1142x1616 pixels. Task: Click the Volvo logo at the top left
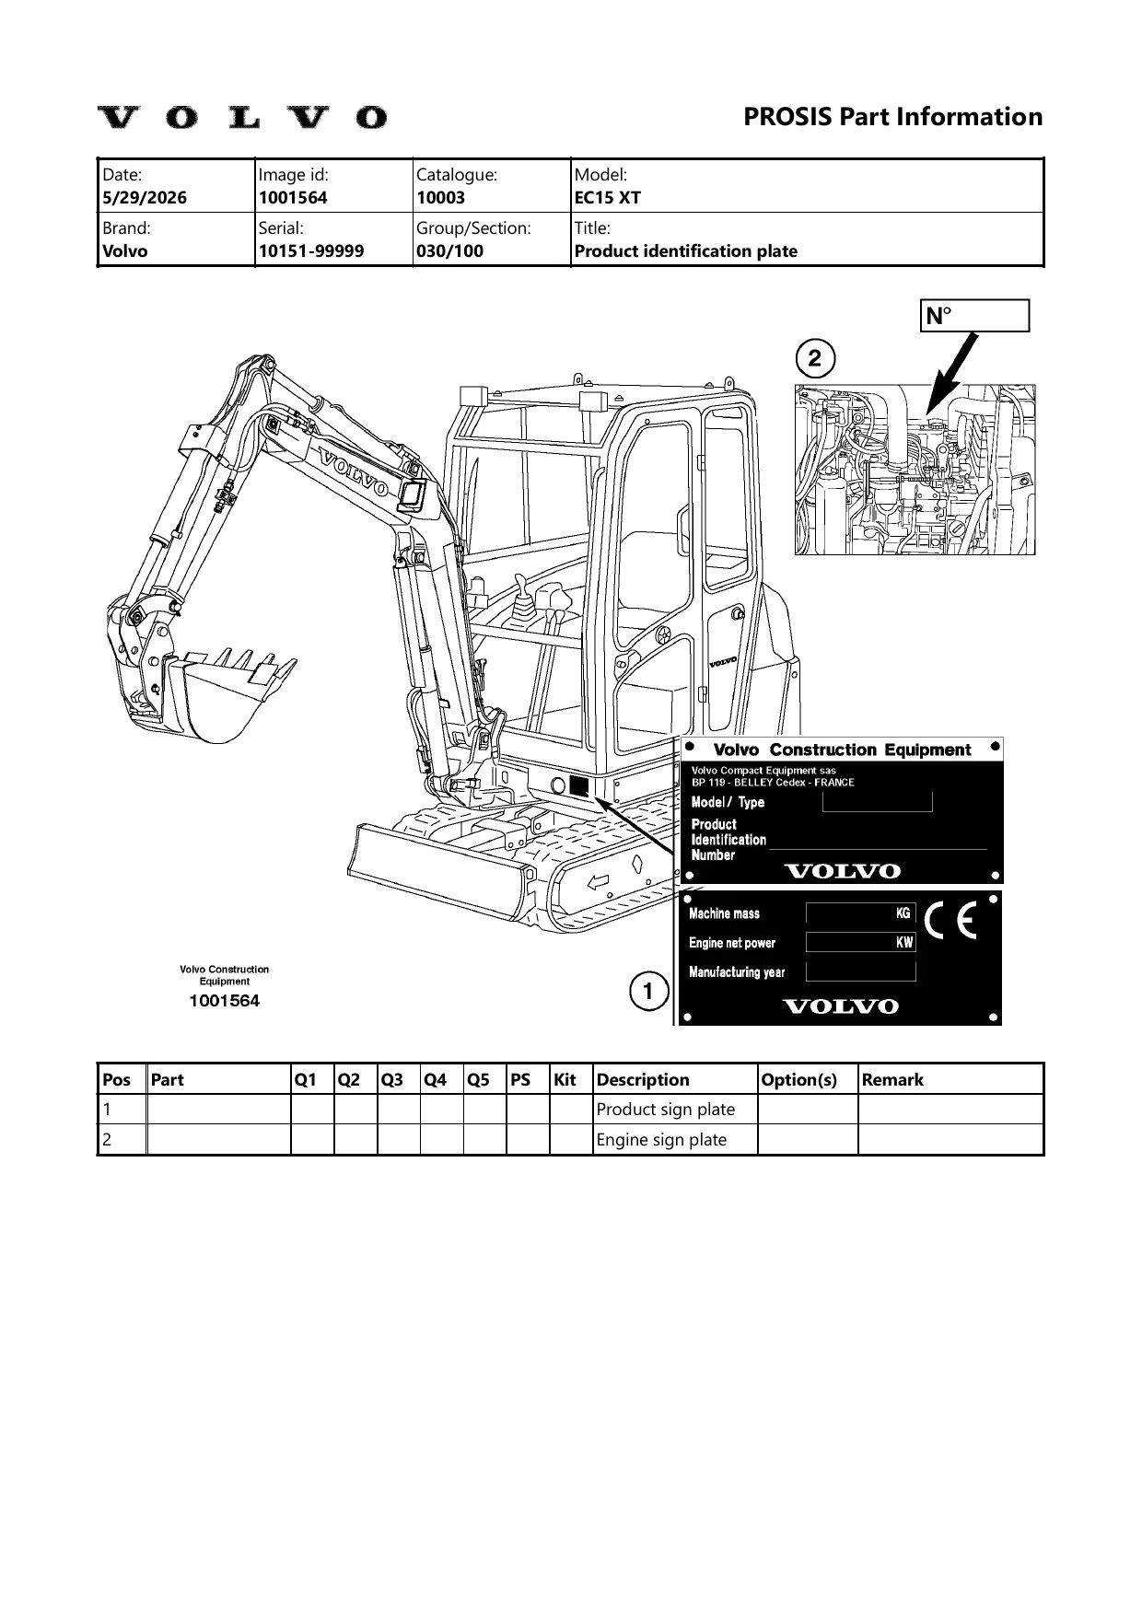pos(242,117)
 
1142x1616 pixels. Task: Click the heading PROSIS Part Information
pos(892,117)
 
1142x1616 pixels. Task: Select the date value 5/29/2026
pos(145,198)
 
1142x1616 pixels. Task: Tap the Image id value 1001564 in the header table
pos(293,198)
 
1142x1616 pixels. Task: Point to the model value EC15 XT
pos(608,198)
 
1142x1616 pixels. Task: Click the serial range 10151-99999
pos(311,251)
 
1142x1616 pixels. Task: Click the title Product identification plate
pos(686,251)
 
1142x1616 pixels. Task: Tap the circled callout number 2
pos(815,359)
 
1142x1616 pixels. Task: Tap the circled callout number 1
pos(649,992)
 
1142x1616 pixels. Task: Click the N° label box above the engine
pos(974,316)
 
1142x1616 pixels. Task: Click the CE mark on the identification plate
pos(950,921)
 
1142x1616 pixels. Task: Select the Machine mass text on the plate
pos(725,913)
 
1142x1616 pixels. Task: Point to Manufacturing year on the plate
pos(737,972)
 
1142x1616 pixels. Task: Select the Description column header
pos(643,1080)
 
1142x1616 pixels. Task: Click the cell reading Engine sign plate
pos(661,1140)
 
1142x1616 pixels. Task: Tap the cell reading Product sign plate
pos(666,1110)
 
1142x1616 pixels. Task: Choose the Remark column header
pos(892,1080)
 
